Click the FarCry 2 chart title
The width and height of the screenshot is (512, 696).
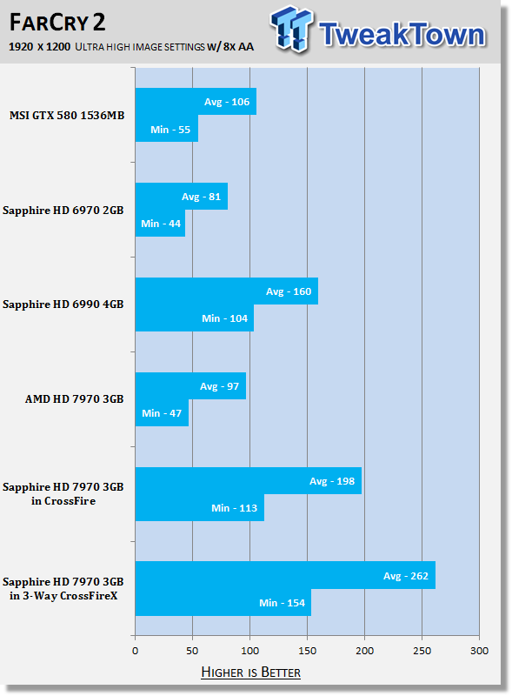coord(57,23)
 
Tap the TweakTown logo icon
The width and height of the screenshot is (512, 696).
coord(291,30)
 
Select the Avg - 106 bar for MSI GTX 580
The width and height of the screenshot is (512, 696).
coord(196,102)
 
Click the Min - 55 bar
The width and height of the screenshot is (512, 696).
coord(166,129)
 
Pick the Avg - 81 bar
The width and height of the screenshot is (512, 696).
coord(182,197)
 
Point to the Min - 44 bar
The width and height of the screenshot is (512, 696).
coord(160,224)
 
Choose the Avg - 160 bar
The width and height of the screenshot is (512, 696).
coord(227,291)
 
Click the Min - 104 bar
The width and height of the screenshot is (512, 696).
coord(195,318)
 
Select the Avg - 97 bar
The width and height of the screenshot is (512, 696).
coord(190,385)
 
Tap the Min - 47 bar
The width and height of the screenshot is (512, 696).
coord(162,412)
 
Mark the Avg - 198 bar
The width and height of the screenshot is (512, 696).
coord(249,481)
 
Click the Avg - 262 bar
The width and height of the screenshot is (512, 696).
coord(285,575)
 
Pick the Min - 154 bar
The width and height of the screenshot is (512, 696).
coord(223,602)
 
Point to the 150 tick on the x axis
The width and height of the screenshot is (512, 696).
coord(307,651)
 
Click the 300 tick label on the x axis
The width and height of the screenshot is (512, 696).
coord(479,651)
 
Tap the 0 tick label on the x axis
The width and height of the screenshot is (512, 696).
coord(136,651)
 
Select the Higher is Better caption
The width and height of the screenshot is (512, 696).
coord(250,672)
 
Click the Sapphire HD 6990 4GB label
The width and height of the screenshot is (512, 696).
coord(63,304)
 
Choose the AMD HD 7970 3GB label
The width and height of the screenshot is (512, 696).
coord(74,399)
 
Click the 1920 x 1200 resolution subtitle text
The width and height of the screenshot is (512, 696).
coord(39,47)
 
